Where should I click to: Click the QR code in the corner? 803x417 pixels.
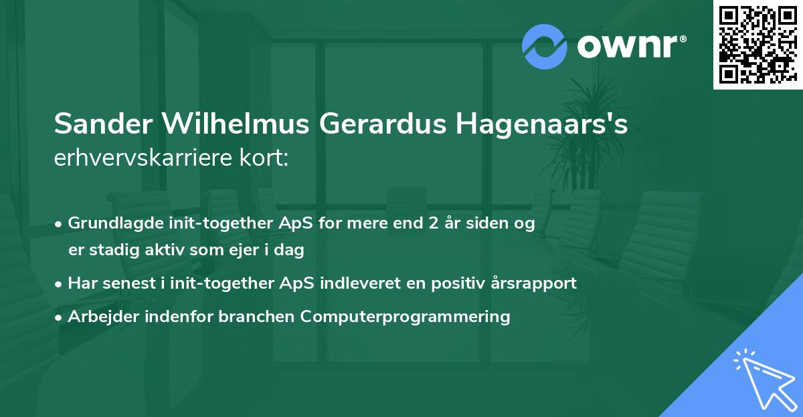(757, 44)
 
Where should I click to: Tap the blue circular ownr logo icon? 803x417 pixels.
(544, 46)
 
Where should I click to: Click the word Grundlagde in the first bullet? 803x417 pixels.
(108, 223)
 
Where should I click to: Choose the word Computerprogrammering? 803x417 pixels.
(406, 316)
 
